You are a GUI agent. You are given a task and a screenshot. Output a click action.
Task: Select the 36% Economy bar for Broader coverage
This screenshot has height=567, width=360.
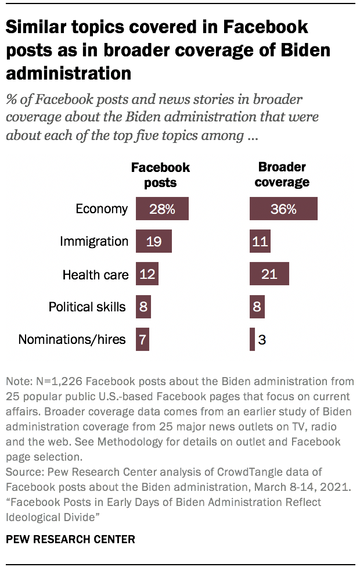click(283, 209)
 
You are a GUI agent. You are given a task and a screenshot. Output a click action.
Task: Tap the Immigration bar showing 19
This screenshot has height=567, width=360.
click(153, 241)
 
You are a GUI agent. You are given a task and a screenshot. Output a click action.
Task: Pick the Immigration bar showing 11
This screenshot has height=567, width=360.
click(260, 241)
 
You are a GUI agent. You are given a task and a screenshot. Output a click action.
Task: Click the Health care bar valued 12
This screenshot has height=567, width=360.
click(147, 274)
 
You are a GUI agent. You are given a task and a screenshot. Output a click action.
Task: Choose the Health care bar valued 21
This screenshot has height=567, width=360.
click(269, 274)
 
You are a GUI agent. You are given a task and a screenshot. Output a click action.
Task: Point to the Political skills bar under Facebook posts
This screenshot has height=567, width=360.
click(143, 306)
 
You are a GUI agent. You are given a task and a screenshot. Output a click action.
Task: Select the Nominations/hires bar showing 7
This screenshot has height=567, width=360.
click(142, 339)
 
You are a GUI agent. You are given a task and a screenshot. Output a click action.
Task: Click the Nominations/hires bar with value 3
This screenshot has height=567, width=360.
click(253, 339)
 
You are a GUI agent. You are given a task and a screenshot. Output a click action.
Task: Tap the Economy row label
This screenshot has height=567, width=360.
click(102, 209)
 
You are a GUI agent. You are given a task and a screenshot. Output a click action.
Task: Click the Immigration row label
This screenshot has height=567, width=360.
click(93, 241)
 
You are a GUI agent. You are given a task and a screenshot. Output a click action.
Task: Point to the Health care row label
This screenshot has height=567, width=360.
click(95, 274)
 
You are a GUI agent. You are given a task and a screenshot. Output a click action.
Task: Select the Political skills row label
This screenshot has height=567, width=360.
click(87, 307)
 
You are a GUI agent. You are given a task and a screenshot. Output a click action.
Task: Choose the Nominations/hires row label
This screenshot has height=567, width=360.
click(72, 339)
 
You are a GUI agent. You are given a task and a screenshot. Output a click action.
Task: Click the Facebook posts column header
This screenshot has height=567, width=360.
click(160, 174)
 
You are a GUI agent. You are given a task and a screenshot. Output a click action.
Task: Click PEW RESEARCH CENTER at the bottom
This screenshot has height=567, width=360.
click(70, 539)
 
